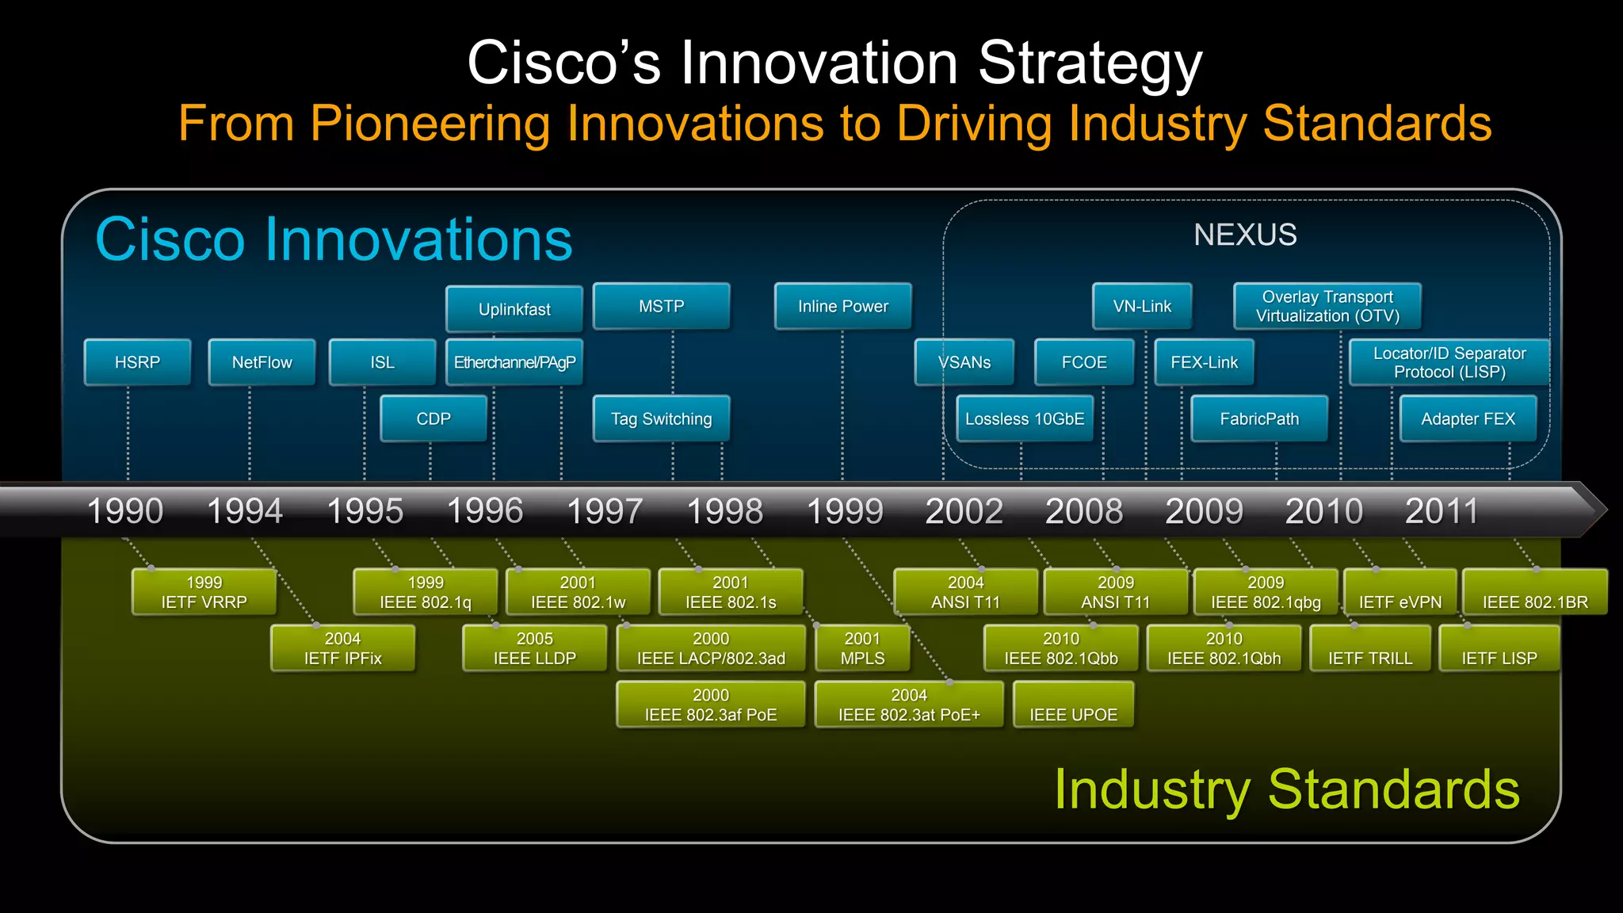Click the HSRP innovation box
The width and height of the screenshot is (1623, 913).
click(137, 362)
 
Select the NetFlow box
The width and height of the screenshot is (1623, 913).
click(262, 362)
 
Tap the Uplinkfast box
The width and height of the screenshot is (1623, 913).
click(514, 309)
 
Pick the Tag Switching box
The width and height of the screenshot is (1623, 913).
click(661, 418)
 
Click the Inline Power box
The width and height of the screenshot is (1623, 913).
click(842, 306)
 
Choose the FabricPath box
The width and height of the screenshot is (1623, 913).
click(1259, 418)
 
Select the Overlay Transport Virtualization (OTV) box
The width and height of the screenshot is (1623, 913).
click(1327, 306)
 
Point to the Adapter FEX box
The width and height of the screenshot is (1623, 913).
click(1468, 418)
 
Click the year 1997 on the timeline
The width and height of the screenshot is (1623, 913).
click(605, 511)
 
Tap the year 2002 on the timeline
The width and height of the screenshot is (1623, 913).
click(964, 511)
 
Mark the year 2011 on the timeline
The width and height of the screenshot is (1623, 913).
click(1442, 511)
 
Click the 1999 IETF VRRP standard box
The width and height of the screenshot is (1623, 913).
click(204, 592)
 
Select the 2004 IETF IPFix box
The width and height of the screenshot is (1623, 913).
click(342, 648)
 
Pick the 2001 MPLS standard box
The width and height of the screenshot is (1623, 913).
click(862, 648)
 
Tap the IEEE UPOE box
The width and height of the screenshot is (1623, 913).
click(1073, 705)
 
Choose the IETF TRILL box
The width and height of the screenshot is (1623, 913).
click(1370, 649)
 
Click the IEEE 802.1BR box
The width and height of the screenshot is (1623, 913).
click(1535, 593)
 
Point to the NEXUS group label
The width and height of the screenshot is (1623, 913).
click(1245, 235)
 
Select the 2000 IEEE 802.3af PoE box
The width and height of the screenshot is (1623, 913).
click(710, 705)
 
